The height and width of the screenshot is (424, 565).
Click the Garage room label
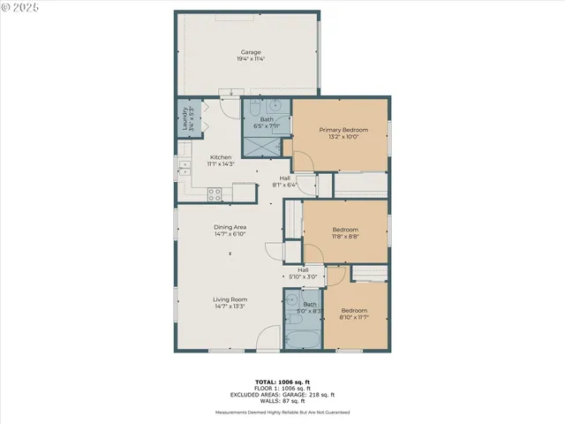[252, 56]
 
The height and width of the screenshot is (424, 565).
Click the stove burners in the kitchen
[214, 193]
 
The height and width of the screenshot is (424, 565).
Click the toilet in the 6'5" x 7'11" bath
[252, 108]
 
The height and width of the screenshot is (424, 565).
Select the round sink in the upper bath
[275, 106]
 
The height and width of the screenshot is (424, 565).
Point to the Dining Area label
[230, 231]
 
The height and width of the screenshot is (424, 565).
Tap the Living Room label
[230, 303]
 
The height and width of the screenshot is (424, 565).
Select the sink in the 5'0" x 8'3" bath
[293, 299]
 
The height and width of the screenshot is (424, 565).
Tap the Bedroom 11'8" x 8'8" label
[345, 232]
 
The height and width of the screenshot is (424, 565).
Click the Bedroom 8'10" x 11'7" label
[354, 314]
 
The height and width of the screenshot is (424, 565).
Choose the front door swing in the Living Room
[269, 338]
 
